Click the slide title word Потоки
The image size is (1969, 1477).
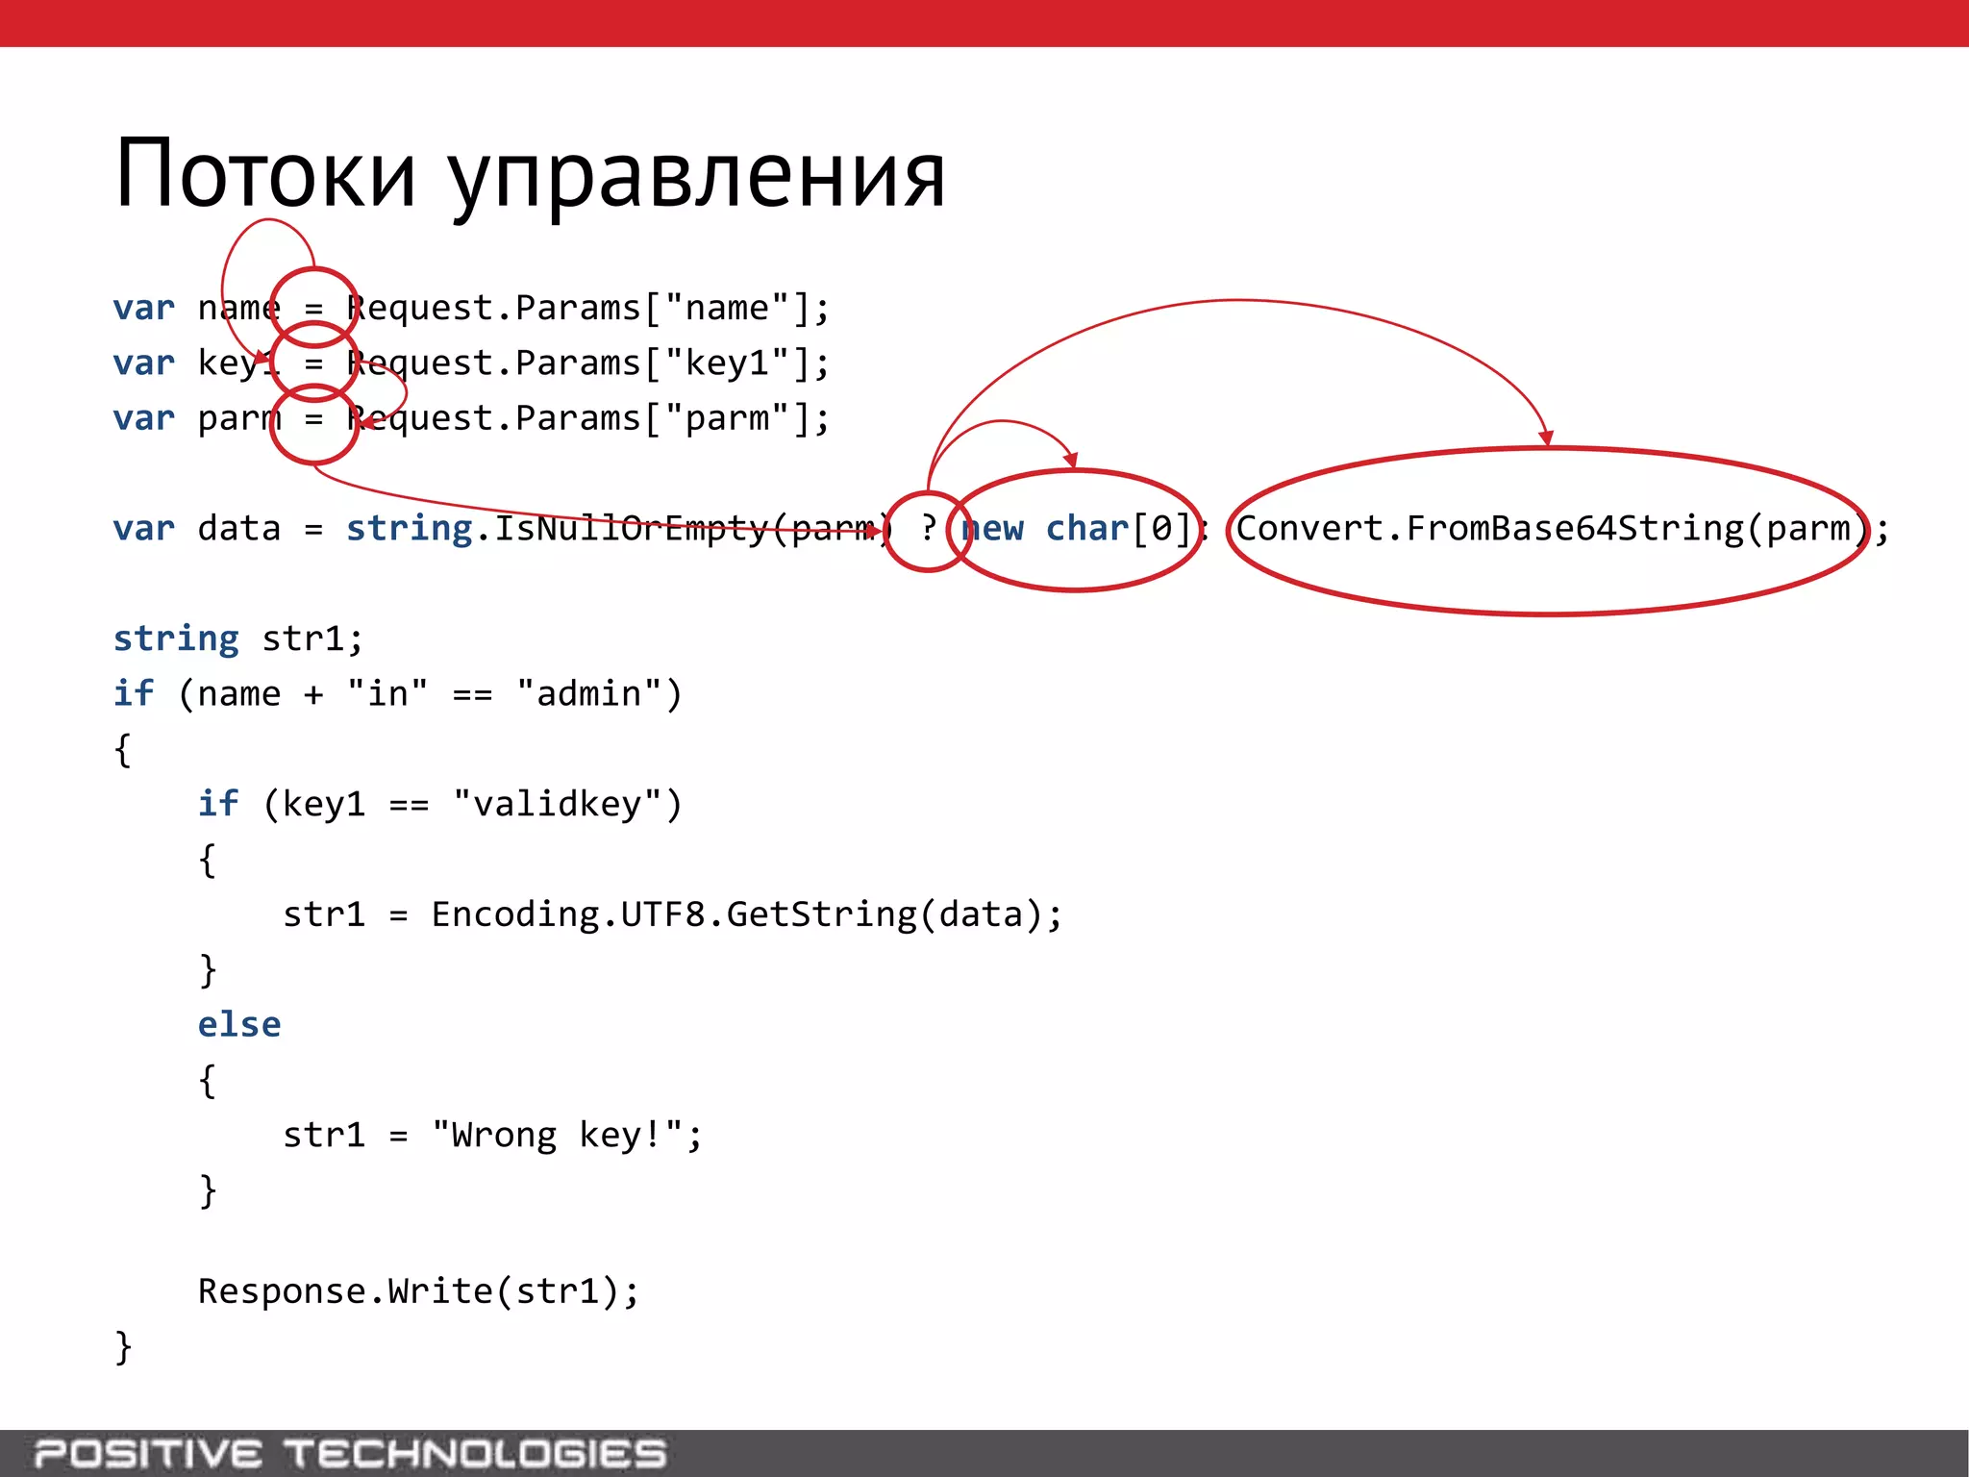(265, 174)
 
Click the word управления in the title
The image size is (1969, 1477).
(697, 178)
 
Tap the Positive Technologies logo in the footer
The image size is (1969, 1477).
(350, 1453)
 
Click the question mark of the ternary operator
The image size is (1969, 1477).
(928, 528)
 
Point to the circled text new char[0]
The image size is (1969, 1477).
(1076, 529)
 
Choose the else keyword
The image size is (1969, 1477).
(239, 1025)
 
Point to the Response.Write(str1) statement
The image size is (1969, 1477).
(418, 1291)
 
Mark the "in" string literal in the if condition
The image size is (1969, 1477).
(387, 694)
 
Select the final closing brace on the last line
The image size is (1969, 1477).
(123, 1347)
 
